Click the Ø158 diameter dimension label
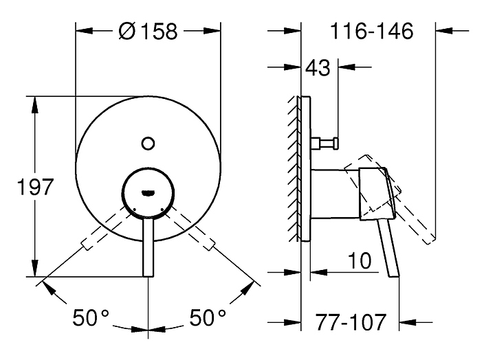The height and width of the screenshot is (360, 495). (x=148, y=31)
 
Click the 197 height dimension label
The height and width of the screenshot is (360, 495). (x=35, y=187)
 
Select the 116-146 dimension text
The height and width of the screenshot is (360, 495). (x=371, y=31)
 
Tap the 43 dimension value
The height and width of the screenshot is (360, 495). (x=318, y=67)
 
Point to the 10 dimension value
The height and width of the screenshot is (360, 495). (x=360, y=261)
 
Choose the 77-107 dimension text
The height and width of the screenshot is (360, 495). (x=351, y=322)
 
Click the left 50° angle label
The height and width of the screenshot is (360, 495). (x=91, y=317)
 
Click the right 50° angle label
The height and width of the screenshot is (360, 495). (x=208, y=317)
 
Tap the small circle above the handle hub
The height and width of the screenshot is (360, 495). (x=148, y=144)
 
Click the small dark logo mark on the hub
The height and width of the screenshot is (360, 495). (x=148, y=193)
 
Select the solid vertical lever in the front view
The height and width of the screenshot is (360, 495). (x=148, y=248)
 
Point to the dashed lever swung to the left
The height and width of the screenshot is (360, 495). (x=105, y=228)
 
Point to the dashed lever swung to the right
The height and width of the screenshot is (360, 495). (x=191, y=228)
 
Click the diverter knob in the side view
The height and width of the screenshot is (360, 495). (x=324, y=143)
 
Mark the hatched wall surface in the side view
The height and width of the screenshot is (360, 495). (x=294, y=168)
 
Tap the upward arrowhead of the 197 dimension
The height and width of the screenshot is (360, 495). (x=35, y=104)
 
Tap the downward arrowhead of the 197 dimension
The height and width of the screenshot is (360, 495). (x=35, y=269)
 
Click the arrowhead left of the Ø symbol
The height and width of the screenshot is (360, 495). (x=84, y=31)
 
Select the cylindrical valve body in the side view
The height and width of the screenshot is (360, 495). (x=335, y=194)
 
